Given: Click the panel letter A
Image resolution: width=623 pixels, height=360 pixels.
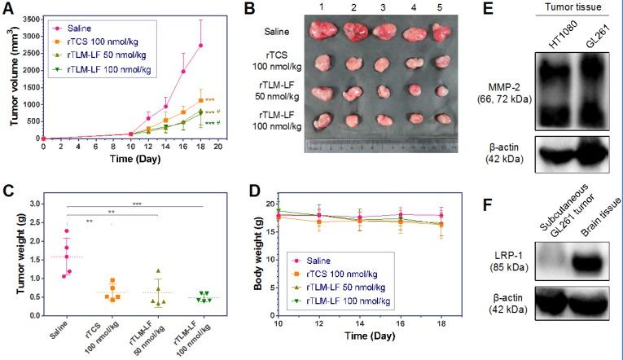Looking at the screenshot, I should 10,10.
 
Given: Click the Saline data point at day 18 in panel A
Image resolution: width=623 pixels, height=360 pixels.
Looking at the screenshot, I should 200,46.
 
